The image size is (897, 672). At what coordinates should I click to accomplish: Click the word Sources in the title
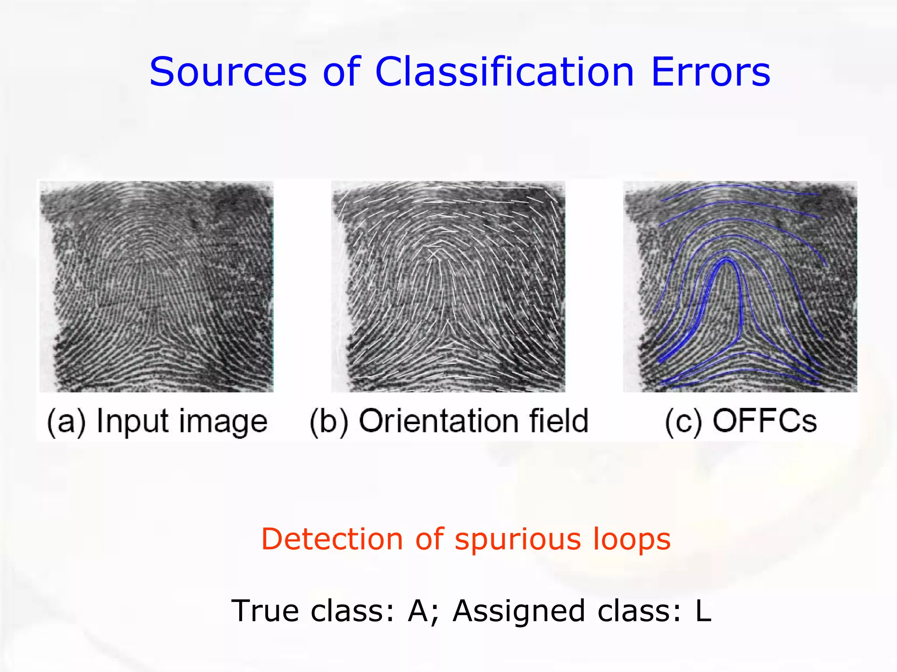click(x=228, y=72)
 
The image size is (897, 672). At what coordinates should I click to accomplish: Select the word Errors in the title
click(x=710, y=72)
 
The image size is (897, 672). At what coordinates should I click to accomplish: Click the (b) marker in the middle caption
click(x=329, y=421)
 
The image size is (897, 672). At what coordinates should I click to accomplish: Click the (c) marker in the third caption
click(x=684, y=421)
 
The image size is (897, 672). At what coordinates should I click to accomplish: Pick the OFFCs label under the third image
click(x=764, y=421)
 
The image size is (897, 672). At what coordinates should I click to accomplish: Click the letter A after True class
click(x=418, y=611)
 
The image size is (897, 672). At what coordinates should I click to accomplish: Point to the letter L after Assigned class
click(x=703, y=611)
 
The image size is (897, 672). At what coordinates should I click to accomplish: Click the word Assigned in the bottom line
click(x=519, y=612)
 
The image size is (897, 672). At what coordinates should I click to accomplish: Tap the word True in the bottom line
click(x=267, y=611)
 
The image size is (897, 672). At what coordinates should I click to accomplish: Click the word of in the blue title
click(x=341, y=72)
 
